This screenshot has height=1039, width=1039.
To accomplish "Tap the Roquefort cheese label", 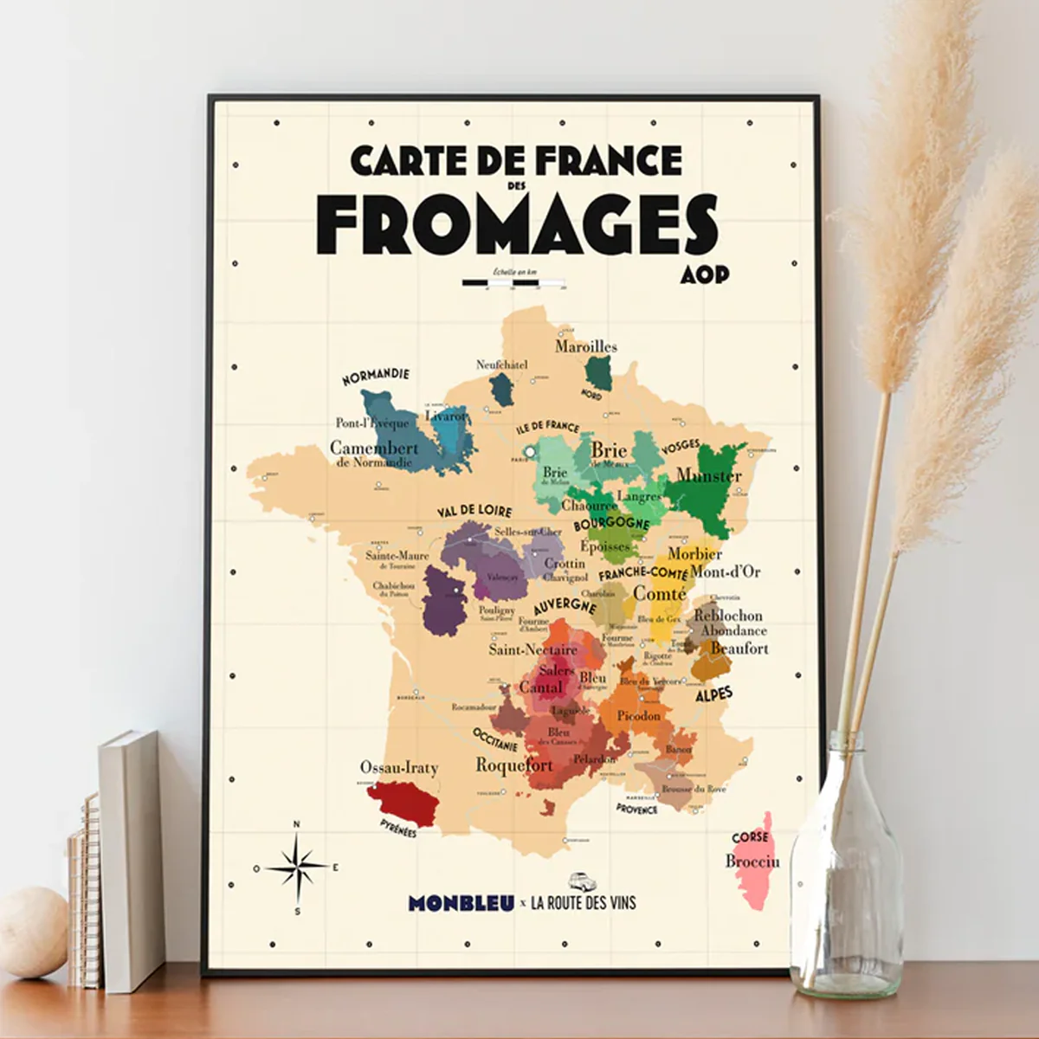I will point(514,765).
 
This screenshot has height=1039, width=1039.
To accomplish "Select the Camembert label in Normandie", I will point(373,449).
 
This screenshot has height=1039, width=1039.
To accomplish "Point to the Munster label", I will point(709,475).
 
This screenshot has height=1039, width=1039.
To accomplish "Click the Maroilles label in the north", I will point(586,346).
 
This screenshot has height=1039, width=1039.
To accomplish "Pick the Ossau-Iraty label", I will point(399,767).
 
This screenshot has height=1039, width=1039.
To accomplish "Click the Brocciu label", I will point(752,862).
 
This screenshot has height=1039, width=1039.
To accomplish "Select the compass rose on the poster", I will point(296,867).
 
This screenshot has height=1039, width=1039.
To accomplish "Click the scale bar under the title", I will point(514,282).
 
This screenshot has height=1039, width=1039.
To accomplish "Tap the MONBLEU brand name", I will point(461,903).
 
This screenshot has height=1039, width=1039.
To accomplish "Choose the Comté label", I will point(660,593).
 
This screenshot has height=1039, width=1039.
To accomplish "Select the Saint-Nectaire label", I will point(532,649).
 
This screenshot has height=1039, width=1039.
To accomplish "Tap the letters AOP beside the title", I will point(705,274).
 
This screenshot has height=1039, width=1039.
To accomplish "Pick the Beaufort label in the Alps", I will point(739,648).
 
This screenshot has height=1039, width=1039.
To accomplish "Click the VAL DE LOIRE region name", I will point(474,513).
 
